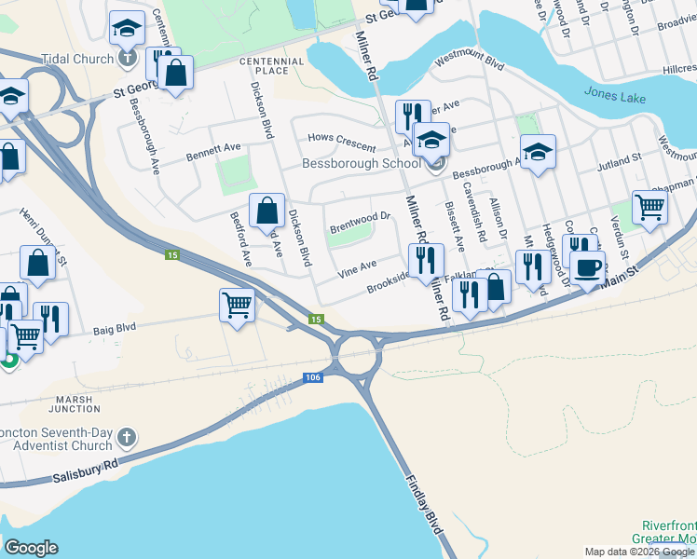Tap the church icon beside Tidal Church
[x=129, y=59]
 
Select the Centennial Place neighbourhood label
[x=271, y=65]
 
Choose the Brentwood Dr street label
[x=360, y=223]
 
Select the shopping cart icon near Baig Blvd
[x=238, y=304]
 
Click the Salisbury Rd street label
[x=86, y=470]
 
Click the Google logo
[x=31, y=548]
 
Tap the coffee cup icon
[x=587, y=267]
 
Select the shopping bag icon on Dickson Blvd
[x=267, y=210]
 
